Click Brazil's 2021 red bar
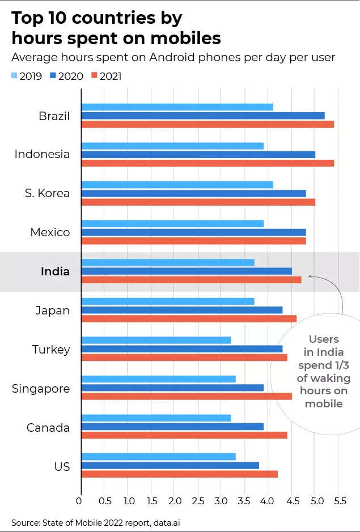tap(207, 124)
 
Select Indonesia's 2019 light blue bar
tap(172, 146)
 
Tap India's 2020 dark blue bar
tap(187, 271)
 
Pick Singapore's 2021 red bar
tap(187, 396)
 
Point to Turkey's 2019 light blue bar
tap(156, 340)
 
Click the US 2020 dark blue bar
tap(170, 465)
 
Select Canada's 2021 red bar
tap(184, 435)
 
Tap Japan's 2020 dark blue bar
tap(182, 310)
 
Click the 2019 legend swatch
tap(15, 75)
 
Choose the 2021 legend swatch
tap(94, 75)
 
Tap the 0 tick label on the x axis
tap(79, 501)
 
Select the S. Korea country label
tap(47, 193)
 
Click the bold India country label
tap(55, 271)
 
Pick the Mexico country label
tap(50, 232)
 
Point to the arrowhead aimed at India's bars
tap(311, 278)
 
